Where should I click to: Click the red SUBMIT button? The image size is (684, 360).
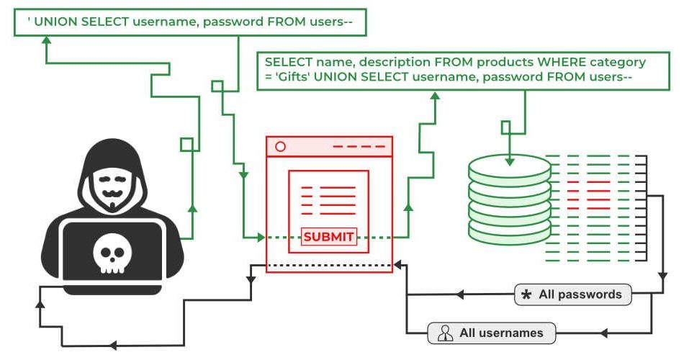pos(329,237)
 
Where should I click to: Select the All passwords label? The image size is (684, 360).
pos(580,294)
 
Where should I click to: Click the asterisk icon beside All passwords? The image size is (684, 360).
pos(526,295)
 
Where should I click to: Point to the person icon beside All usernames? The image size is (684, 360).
pos(446,333)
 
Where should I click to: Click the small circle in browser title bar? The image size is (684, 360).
pos(281,146)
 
